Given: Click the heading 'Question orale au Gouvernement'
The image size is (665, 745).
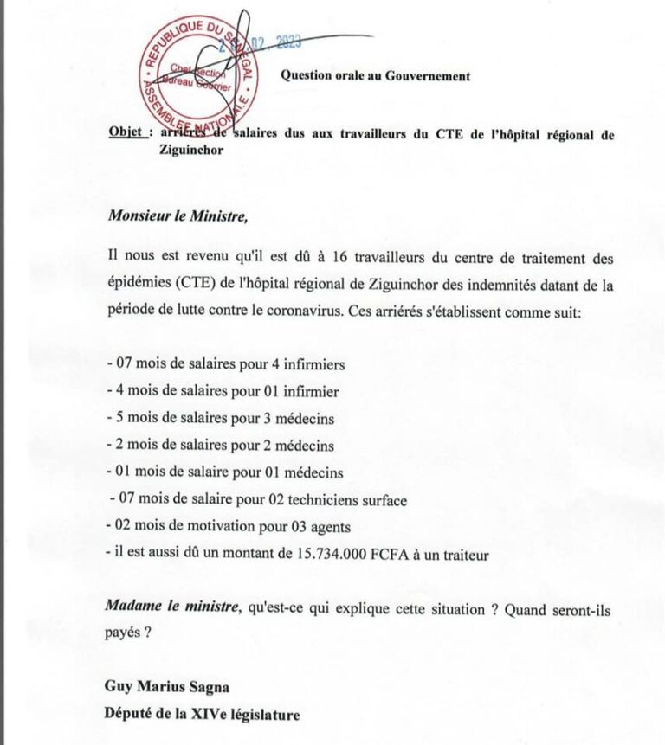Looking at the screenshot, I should [x=375, y=76].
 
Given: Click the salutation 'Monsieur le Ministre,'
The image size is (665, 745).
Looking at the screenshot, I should [x=178, y=216].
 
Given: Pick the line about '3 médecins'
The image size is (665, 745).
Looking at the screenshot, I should [x=220, y=419].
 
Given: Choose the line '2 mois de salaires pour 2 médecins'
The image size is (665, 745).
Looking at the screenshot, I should [x=220, y=446].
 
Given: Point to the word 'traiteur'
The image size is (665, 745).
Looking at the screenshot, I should [x=465, y=554].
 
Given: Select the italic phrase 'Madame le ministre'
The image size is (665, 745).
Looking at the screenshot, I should [x=171, y=608].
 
